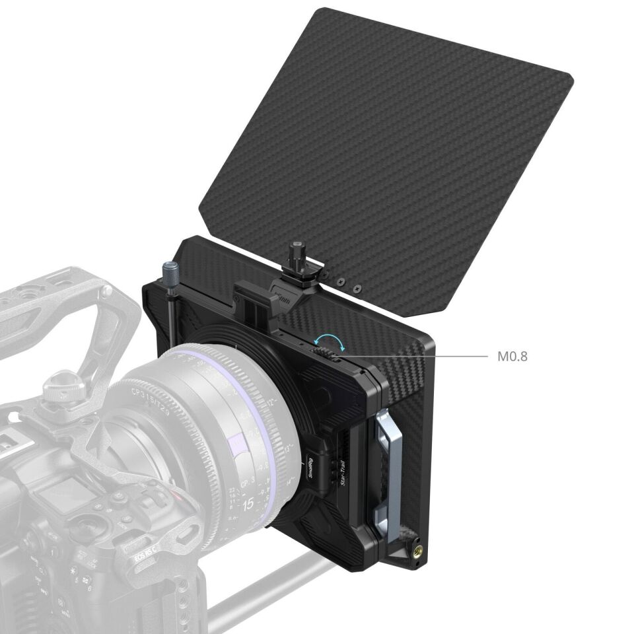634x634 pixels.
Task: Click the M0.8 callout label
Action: (512, 357)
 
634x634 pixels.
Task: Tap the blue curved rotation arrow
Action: (328, 339)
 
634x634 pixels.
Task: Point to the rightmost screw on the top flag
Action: (357, 289)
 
